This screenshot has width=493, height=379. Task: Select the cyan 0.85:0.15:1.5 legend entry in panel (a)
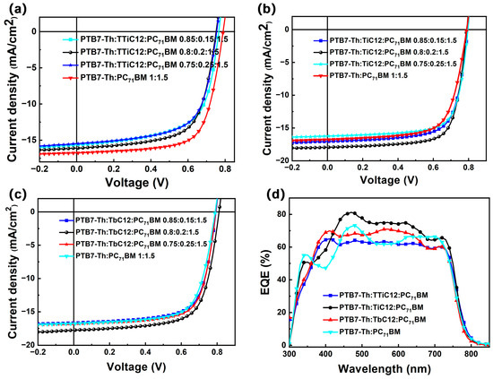[x=145, y=39]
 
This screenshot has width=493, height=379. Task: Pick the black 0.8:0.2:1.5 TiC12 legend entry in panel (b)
[x=381, y=52]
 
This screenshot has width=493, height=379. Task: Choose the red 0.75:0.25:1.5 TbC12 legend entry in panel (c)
[x=133, y=245]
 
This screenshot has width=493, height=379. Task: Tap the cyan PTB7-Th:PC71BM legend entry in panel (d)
[x=361, y=332]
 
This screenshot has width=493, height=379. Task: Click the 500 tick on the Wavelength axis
[x=362, y=353]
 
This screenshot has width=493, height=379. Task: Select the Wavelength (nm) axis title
[x=384, y=368]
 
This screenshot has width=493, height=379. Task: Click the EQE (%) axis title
[x=265, y=272]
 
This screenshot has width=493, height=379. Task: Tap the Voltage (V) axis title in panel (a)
[x=137, y=182]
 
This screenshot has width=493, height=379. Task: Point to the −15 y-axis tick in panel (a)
[x=30, y=140]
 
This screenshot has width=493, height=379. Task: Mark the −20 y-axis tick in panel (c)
[x=28, y=345]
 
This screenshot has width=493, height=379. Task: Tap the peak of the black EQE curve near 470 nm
[x=351, y=212]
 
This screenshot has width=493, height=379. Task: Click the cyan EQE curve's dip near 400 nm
[x=325, y=268]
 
